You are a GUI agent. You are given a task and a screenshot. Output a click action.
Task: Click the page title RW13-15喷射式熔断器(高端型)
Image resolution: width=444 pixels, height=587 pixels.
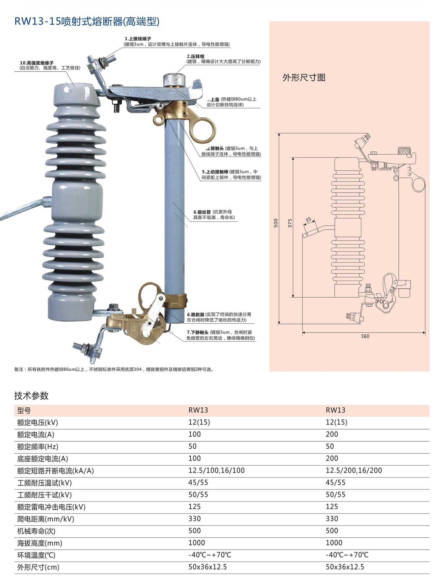pos(87,22)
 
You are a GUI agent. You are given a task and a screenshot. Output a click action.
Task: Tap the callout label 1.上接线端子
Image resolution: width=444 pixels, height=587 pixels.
pos(138,39)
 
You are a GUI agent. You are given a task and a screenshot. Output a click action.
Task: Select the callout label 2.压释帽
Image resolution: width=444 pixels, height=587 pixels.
pos(195,56)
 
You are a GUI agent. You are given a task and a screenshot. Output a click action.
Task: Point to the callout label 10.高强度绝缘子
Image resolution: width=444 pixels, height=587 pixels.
pos(37,63)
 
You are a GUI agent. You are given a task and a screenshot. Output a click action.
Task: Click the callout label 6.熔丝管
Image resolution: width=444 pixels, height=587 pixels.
pos(202,212)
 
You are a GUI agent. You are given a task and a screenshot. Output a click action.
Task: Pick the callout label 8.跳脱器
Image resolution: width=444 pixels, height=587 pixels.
pos(196,314)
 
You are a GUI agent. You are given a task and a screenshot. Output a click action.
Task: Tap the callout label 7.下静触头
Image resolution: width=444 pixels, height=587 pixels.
pos(198,333)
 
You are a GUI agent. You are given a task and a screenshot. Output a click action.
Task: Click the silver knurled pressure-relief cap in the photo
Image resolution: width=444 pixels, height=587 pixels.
pos(174,80)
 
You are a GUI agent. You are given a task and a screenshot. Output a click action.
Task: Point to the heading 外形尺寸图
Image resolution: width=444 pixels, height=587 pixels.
pos(304,78)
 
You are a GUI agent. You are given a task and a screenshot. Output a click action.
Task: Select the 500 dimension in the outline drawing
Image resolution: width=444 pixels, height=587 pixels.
pos(276,223)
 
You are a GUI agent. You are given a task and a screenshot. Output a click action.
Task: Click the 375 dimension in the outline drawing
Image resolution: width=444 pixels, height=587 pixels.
pos(290,223)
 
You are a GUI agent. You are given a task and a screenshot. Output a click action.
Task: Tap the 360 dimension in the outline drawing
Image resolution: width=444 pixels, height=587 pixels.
pos(365,336)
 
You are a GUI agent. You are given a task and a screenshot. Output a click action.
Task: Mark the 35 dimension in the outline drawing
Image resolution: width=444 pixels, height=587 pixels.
pos(308,220)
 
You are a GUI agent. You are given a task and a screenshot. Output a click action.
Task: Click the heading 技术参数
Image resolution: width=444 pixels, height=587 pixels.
pos(31,396)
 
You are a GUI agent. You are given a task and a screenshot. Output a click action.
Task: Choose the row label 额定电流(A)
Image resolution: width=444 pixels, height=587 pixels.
pos(36,435)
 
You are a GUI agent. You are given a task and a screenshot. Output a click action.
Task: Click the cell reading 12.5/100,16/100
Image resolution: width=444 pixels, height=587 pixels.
pos(216,471)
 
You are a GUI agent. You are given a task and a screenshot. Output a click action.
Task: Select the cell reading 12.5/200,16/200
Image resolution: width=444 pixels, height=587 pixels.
pos(354,471)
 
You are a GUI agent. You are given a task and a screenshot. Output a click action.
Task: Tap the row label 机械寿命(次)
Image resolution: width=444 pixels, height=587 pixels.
pos(36,531)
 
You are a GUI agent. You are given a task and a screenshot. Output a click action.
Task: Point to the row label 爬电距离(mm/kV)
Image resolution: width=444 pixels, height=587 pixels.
pos(46,519)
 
